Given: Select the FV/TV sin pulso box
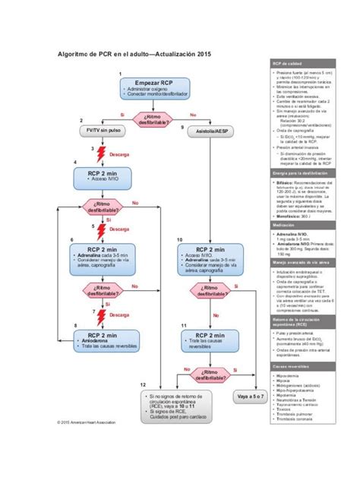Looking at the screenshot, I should pyautogui.click(x=103, y=131).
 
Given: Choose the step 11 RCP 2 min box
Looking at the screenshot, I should pyautogui.click(x=208, y=339).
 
